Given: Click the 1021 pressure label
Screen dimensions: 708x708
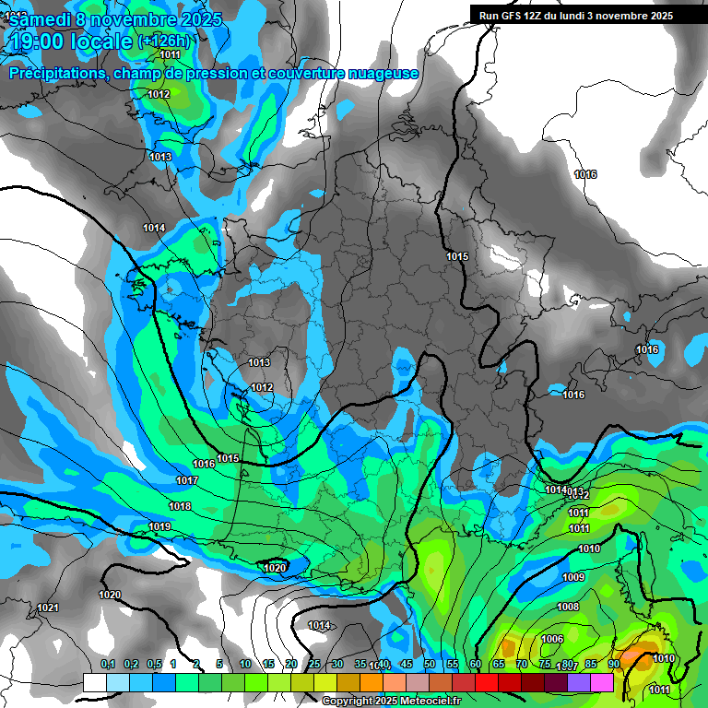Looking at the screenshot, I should tap(48, 608).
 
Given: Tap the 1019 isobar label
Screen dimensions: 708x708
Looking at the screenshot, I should tap(159, 526).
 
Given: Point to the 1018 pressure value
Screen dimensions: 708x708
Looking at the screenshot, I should tap(180, 506).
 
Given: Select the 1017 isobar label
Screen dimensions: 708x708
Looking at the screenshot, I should tap(186, 480).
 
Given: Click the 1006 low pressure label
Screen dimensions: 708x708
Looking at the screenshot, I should tap(551, 639).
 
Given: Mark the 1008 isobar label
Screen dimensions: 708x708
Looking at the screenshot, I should tap(568, 607).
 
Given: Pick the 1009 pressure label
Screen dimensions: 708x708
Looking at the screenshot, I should tap(572, 577).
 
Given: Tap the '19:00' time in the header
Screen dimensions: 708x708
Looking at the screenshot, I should tap(41, 41).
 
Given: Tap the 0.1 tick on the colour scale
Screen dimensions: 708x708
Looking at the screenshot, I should tap(108, 665).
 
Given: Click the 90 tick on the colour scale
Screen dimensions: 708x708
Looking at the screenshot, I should tap(613, 665).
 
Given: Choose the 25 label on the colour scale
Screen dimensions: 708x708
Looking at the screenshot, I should tap(314, 665).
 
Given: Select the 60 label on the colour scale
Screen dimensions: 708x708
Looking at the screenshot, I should tap(476, 665).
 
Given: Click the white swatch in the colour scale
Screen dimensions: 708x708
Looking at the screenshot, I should tap(94, 682).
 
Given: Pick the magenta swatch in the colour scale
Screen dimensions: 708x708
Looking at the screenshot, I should tap(602, 682).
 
